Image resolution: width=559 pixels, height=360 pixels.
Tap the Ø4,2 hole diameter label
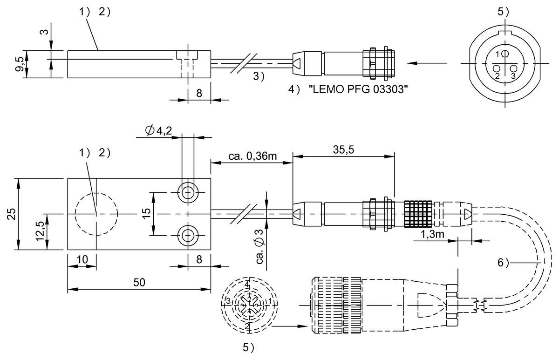(159, 131)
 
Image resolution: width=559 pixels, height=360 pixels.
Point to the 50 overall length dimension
(139, 282)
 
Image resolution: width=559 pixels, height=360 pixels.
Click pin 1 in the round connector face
(505, 54)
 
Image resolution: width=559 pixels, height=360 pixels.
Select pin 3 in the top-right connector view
(514, 69)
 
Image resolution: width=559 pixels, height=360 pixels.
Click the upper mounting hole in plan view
(188, 192)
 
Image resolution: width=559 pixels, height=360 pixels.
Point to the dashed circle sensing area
(96, 214)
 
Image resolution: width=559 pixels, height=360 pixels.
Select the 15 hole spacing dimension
(146, 214)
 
